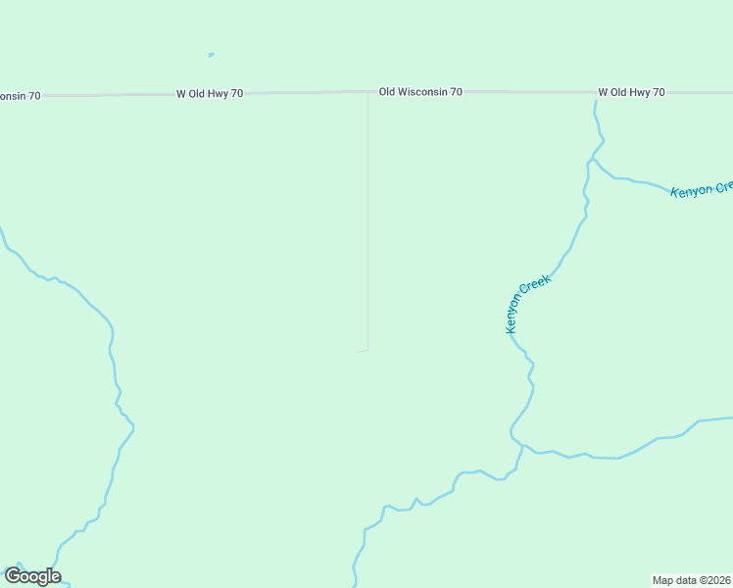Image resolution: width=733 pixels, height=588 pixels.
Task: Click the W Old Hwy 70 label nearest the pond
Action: click(210, 94)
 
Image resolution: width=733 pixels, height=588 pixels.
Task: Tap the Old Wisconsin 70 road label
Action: click(420, 92)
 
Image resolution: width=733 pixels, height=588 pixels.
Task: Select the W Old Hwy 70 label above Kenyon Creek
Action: click(631, 92)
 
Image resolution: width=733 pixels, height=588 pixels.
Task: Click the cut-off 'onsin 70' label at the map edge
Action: click(21, 96)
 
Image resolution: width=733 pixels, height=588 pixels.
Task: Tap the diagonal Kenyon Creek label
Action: click(529, 304)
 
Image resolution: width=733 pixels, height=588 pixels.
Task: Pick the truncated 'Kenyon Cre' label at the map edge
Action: click(702, 188)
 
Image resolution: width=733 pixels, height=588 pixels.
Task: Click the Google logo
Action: click(32, 576)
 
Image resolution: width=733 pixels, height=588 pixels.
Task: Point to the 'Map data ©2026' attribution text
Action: click(692, 580)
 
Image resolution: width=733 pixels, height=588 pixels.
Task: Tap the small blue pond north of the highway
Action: click(211, 55)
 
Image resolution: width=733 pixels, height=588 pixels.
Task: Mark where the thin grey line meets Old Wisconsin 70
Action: click(367, 93)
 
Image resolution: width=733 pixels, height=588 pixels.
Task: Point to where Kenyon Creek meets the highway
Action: click(595, 100)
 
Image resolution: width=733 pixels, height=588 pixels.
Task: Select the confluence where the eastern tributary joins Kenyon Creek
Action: click(522, 446)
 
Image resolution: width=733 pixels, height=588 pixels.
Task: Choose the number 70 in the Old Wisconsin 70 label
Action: click(456, 92)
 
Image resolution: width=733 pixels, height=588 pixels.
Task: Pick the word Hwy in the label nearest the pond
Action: click(212, 94)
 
